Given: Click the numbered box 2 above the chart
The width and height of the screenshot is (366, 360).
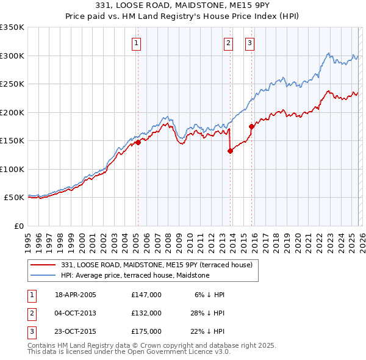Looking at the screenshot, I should pos(228,43).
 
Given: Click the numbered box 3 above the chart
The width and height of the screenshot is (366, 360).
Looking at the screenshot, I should pos(250,43).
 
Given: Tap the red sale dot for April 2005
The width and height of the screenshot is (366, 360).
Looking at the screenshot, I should pos(138,142).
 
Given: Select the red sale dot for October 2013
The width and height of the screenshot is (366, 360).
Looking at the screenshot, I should pos(230,151).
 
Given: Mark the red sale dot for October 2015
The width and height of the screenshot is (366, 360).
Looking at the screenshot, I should pos(251,126).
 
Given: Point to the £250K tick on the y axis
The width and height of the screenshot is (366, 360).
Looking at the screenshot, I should pos(12,84).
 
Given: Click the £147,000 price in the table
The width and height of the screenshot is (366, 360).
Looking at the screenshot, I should pos(146,295).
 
